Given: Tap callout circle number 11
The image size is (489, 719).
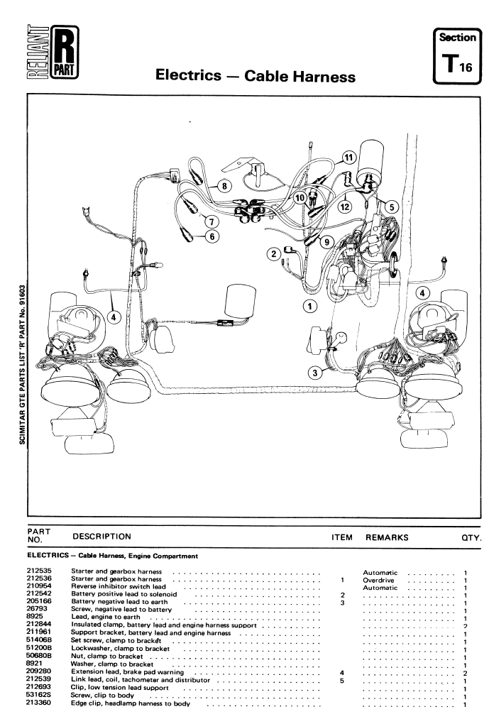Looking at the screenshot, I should (348, 158).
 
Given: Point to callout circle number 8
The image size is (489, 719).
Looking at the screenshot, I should (224, 187).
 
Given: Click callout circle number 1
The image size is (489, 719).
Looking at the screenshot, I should (309, 307).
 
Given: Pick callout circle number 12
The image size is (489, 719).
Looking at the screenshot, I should (345, 207).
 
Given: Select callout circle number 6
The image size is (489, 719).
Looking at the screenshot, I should (211, 236).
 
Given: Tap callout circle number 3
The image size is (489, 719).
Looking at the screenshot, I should (314, 373).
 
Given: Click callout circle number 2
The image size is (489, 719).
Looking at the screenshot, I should (273, 253).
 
